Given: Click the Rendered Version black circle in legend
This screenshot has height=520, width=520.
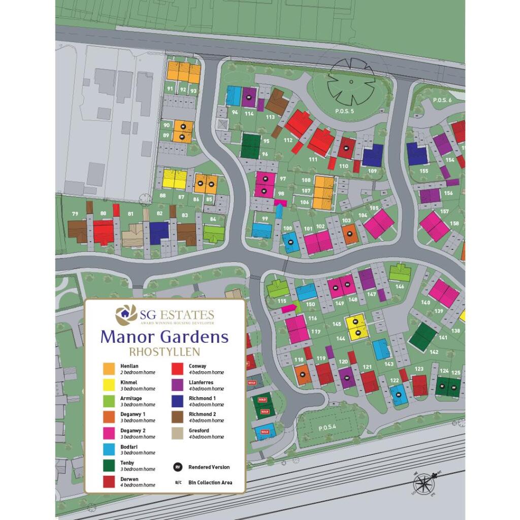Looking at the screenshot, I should pos(177,467).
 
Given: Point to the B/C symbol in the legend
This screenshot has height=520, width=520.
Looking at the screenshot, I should pos(177,482).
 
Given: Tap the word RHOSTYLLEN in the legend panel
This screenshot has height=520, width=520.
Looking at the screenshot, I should pos(165,351).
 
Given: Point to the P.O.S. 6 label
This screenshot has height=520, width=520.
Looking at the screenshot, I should pos(442,101).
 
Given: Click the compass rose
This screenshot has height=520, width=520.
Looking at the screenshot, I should pos(426,481).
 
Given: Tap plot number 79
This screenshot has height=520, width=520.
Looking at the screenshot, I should pos(75,213).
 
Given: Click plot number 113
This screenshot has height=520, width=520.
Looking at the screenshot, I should pos(270,117).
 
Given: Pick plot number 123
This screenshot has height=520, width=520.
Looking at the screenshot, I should pos(419,369).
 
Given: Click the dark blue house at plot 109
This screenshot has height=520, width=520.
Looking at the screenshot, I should pos(373,155).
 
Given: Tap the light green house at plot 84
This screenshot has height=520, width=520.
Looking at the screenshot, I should pos(214,234).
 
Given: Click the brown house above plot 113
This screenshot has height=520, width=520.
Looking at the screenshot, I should pos(277,101).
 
